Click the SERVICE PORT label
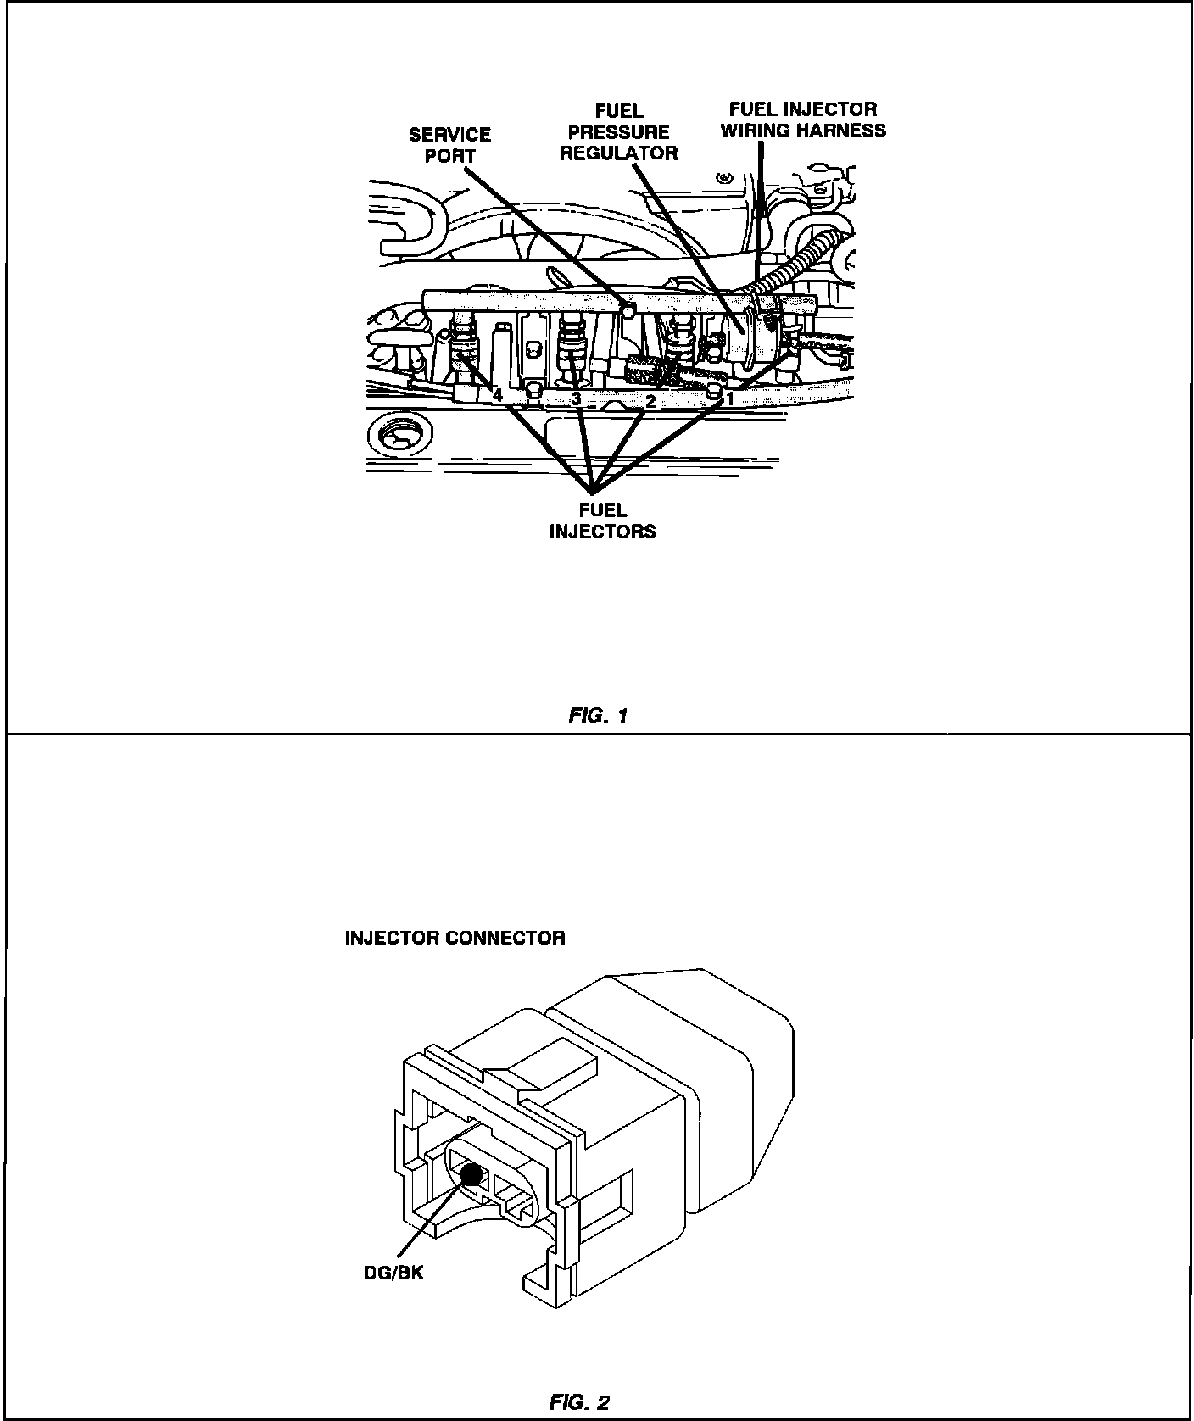449,145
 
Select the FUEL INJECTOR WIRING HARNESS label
803,120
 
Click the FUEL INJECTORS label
602,521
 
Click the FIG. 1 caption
597,716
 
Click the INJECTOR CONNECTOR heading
455,939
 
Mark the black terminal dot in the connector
470,1174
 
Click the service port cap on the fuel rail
628,309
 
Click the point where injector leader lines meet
593,490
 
